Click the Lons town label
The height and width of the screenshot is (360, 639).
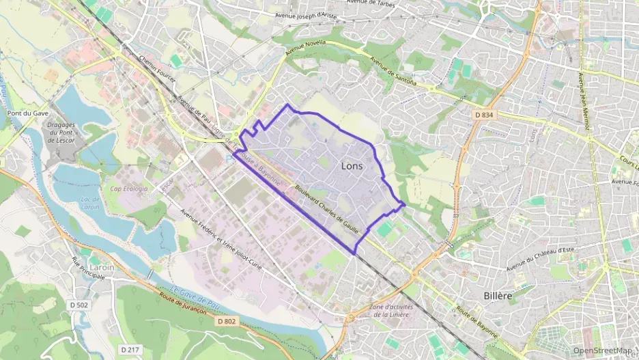click(352, 166)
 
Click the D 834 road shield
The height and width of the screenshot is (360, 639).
click(483, 115)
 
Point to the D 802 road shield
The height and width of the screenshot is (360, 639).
click(226, 320)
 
